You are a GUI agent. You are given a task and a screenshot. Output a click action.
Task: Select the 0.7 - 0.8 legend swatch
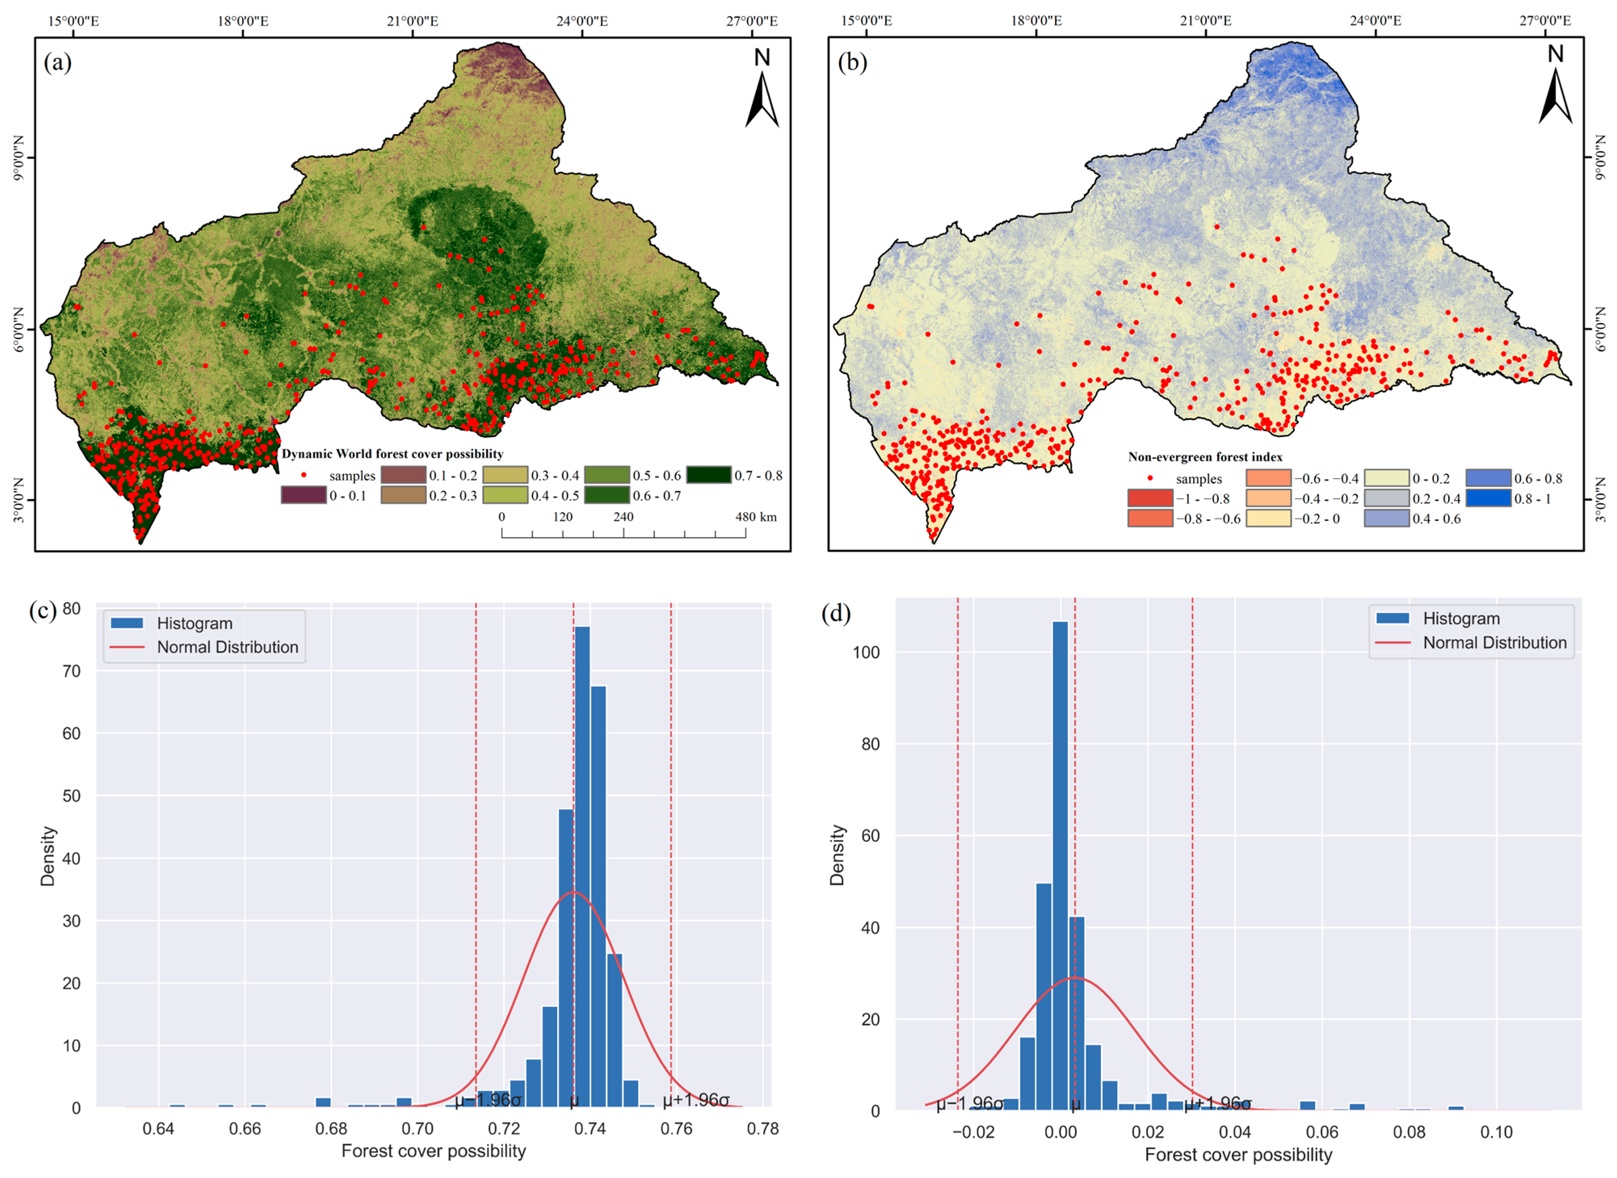click(708, 475)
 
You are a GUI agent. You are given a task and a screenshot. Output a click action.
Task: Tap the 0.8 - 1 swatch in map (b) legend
click(1488, 498)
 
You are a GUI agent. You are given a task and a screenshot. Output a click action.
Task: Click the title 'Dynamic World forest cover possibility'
click(392, 454)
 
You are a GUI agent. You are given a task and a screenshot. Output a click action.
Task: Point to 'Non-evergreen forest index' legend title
click(1205, 457)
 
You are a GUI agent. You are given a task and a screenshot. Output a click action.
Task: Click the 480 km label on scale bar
click(756, 517)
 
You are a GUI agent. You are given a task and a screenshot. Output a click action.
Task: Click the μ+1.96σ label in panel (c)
click(696, 1100)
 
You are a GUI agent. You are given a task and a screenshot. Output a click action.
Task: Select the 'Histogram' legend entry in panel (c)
click(195, 623)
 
